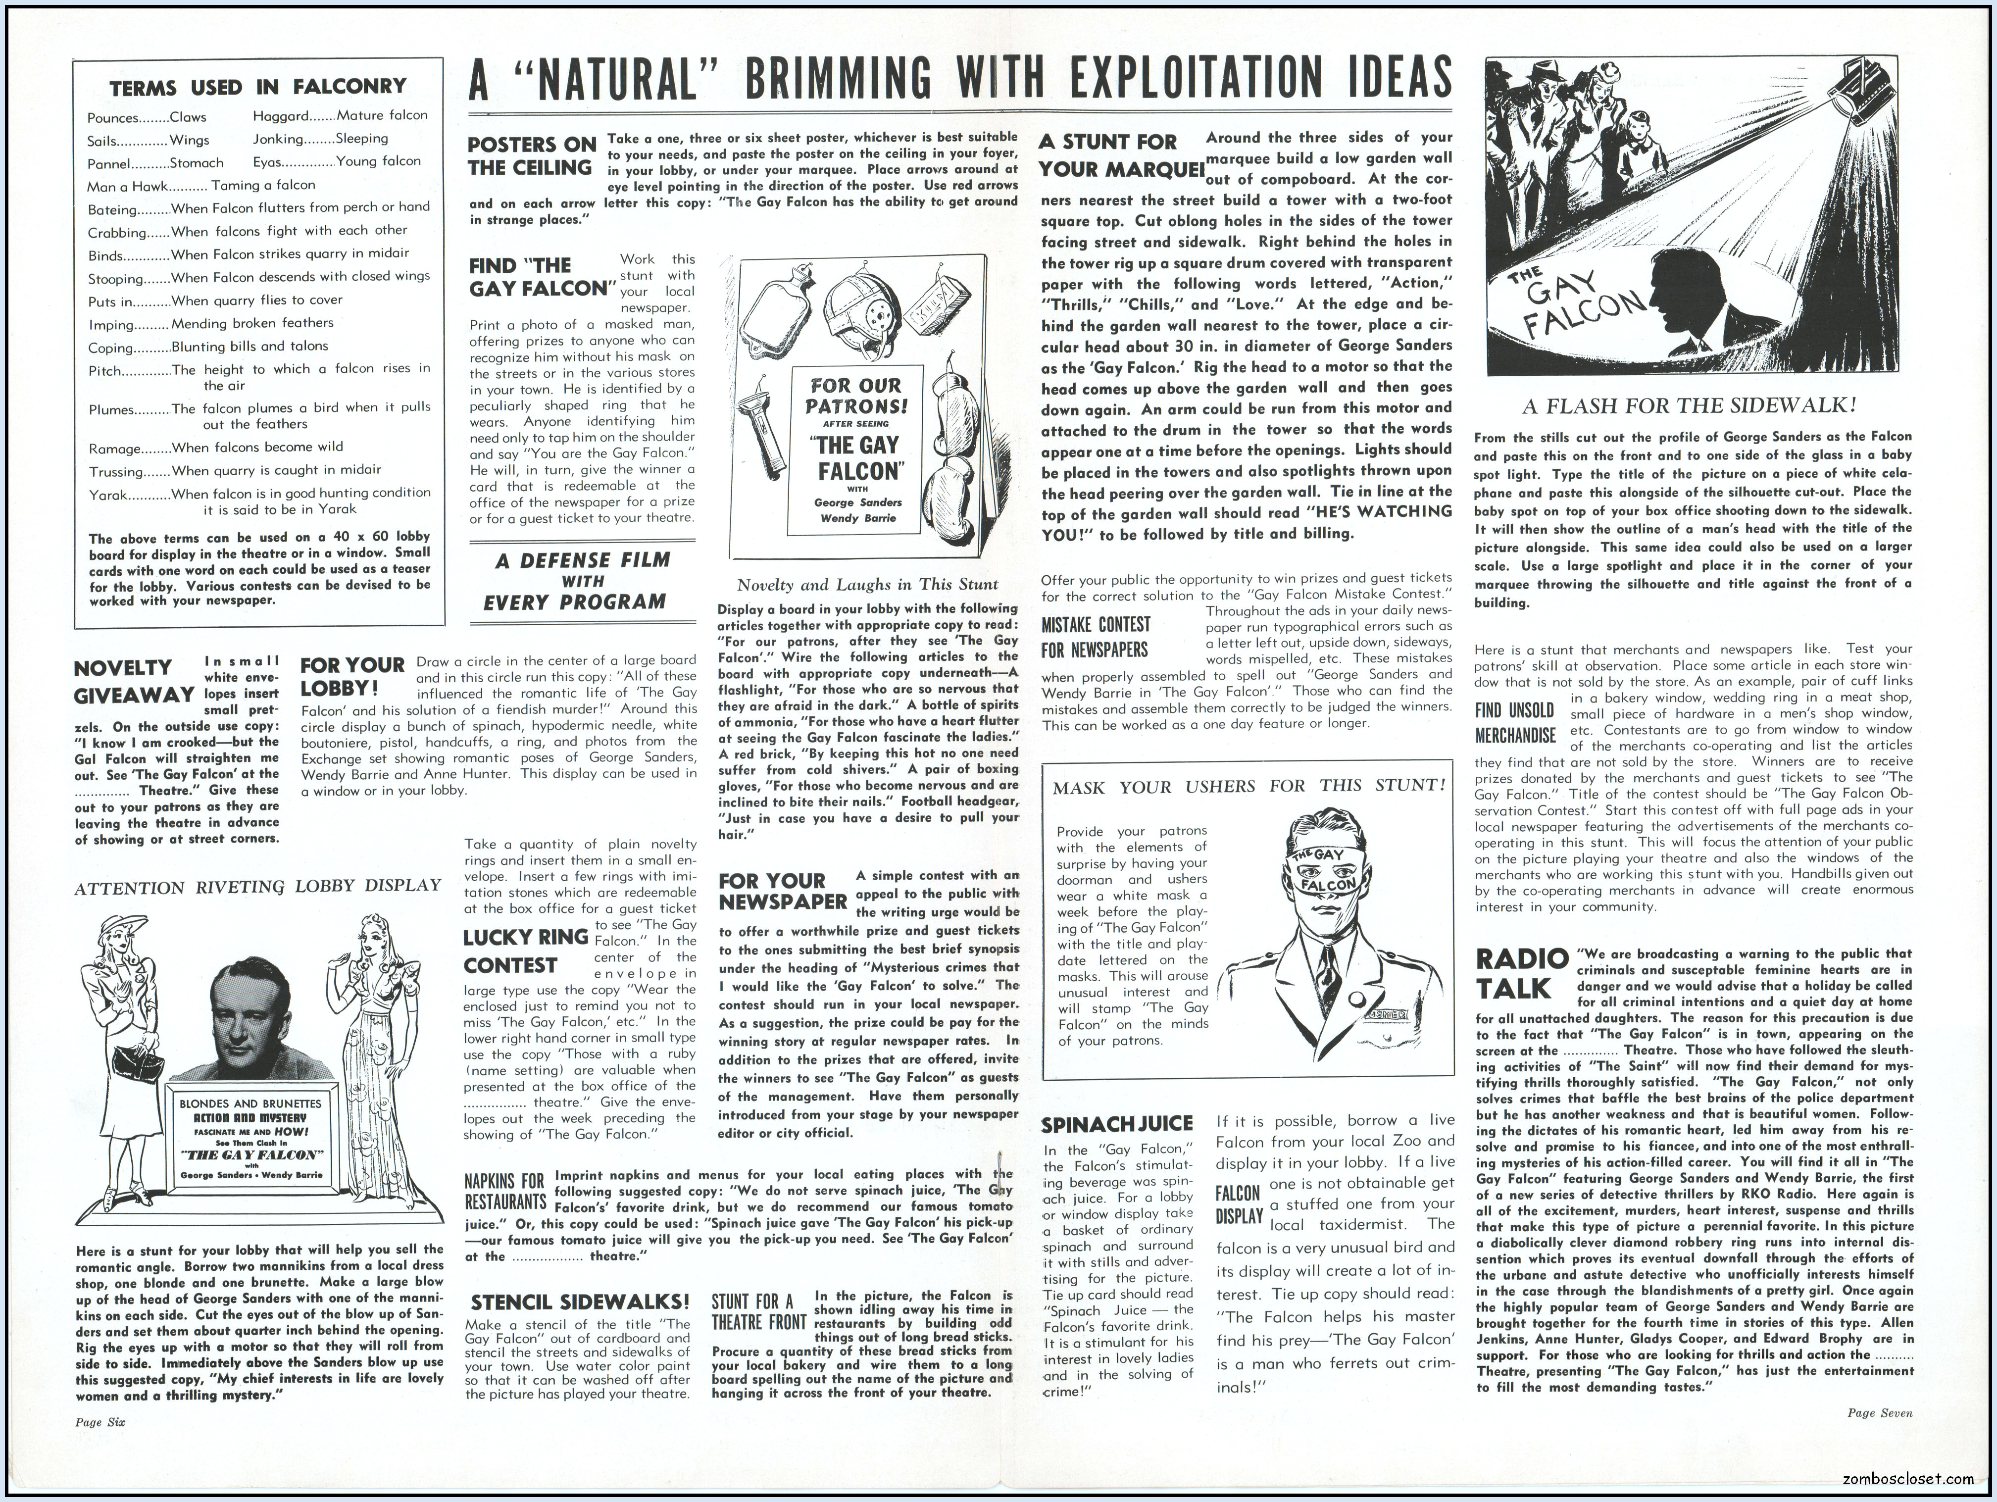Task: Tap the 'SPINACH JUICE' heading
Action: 1117,1125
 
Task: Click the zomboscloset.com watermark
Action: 1930,1479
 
